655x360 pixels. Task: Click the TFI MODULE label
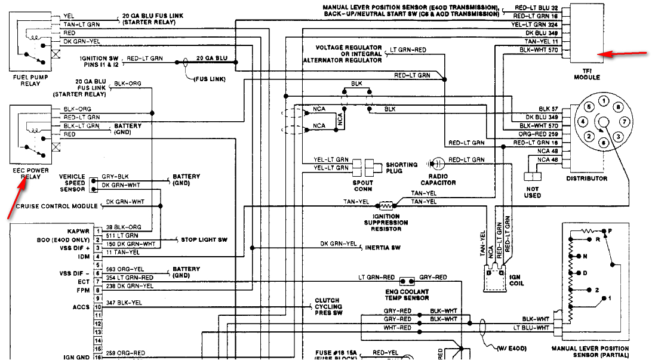586,74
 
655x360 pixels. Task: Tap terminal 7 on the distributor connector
625,121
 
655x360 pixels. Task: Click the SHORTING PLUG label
401,168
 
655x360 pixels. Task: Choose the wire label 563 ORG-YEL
125,269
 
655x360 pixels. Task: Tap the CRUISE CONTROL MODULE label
57,207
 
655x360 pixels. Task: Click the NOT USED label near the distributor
532,192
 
